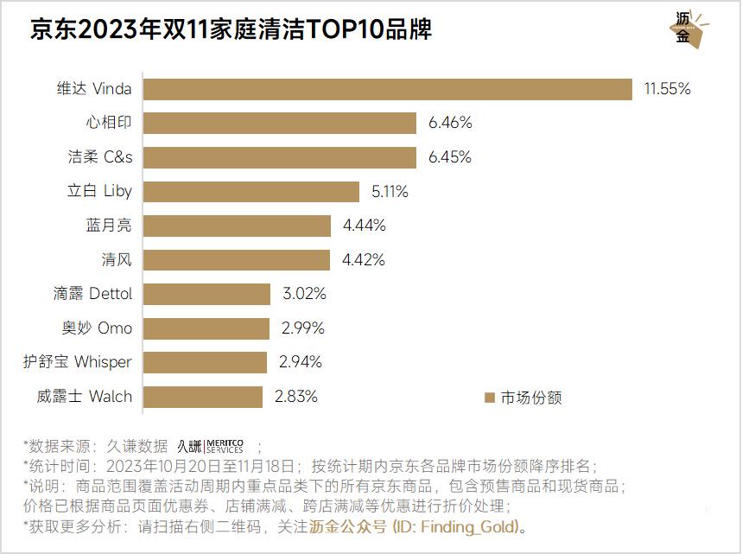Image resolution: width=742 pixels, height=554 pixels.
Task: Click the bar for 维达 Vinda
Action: point(388,89)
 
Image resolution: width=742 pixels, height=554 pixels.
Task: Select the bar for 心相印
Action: point(280,123)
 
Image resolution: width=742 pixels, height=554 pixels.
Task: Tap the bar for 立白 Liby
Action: point(251,191)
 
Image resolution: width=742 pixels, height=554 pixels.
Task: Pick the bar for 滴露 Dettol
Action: point(206,294)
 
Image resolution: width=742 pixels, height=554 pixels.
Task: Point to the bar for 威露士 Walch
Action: point(202,397)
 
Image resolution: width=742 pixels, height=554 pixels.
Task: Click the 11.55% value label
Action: point(667,89)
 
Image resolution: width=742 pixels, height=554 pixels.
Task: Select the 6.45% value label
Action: point(450,157)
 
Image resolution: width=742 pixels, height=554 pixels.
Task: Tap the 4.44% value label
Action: point(364,226)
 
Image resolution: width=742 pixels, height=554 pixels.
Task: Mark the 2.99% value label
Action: point(303,328)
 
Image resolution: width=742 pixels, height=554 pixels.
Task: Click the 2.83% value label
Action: point(296,397)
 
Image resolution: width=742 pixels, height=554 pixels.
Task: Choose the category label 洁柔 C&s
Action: point(100,157)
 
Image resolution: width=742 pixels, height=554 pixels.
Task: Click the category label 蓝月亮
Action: point(109,226)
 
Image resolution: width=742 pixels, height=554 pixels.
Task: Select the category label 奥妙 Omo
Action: point(97,328)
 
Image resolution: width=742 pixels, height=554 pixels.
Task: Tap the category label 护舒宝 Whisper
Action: point(78,362)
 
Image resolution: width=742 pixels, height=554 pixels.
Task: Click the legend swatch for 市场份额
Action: point(490,398)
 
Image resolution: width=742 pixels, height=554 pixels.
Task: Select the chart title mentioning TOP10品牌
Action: point(231,30)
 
